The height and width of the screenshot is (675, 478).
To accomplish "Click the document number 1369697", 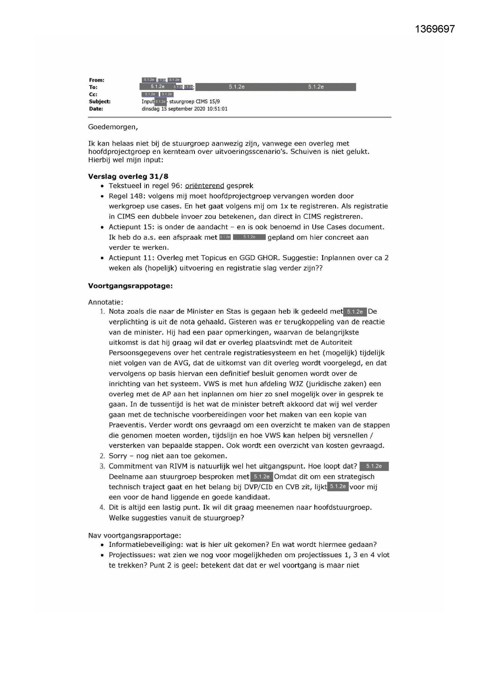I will click(x=435, y=29).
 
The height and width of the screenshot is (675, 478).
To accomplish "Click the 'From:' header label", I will click(x=97, y=80).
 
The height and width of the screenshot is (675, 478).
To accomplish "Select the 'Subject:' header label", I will click(x=100, y=102).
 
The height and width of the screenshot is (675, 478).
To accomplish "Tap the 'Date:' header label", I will click(x=96, y=109).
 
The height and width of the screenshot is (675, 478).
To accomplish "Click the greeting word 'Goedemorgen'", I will click(x=112, y=127).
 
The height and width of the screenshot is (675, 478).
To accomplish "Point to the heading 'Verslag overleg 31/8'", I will click(x=128, y=177).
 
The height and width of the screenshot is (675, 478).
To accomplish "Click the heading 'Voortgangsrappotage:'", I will click(x=130, y=286).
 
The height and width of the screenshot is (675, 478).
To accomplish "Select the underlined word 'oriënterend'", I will click(x=205, y=186).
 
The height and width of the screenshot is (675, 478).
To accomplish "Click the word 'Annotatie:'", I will click(x=106, y=302).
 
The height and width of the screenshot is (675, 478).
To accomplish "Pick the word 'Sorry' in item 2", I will click(x=117, y=456).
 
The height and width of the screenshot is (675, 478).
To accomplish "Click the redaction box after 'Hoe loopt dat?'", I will click(x=374, y=466).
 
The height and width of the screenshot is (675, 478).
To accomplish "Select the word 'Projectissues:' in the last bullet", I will click(x=131, y=555).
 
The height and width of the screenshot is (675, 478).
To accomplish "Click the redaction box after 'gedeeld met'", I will click(x=355, y=312).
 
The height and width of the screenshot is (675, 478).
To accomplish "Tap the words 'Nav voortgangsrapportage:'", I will click(x=134, y=535).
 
